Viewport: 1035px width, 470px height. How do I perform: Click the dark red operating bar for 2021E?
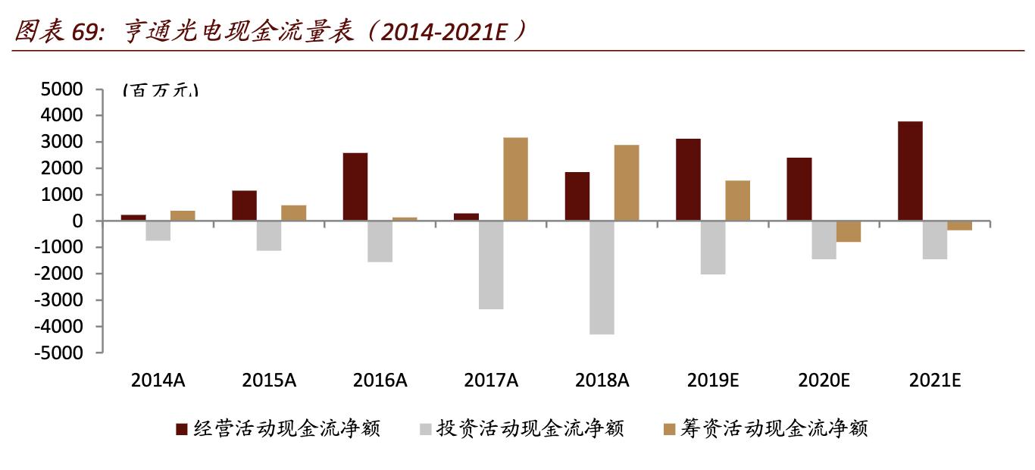(x=910, y=171)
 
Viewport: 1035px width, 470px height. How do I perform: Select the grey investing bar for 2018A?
(x=601, y=277)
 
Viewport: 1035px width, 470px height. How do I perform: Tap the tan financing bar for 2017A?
(x=515, y=179)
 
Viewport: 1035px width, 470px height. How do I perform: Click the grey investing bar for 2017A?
(x=490, y=265)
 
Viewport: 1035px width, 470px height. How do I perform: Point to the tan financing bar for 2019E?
(x=737, y=200)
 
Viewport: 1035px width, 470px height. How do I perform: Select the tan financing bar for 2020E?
(x=849, y=231)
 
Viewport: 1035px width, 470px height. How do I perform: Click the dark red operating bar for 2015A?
(x=244, y=205)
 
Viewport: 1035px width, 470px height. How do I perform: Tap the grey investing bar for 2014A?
(x=158, y=230)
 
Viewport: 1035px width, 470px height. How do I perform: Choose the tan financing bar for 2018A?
(x=626, y=183)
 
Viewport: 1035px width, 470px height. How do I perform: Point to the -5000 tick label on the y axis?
(x=57, y=353)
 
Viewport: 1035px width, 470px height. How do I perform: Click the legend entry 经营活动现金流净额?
(x=287, y=429)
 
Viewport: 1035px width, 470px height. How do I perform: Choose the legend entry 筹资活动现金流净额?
(x=775, y=429)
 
